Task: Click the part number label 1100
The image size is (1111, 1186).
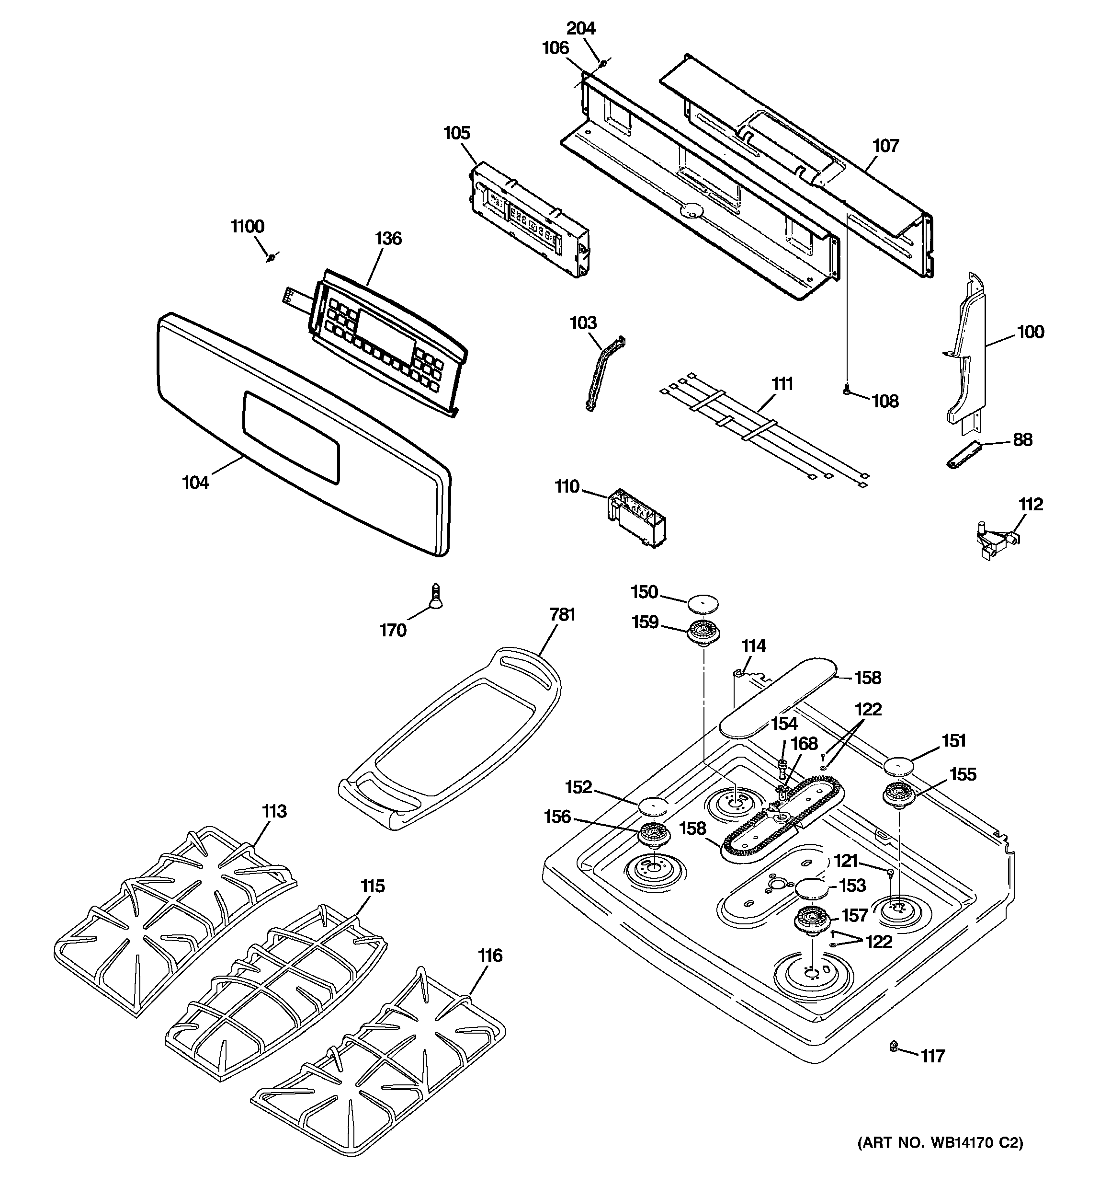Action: [248, 227]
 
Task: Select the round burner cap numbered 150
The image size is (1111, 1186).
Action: [703, 603]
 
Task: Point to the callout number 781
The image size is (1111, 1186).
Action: [562, 614]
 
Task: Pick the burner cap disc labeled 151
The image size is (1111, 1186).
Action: [899, 765]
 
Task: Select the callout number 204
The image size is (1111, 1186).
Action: [581, 29]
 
